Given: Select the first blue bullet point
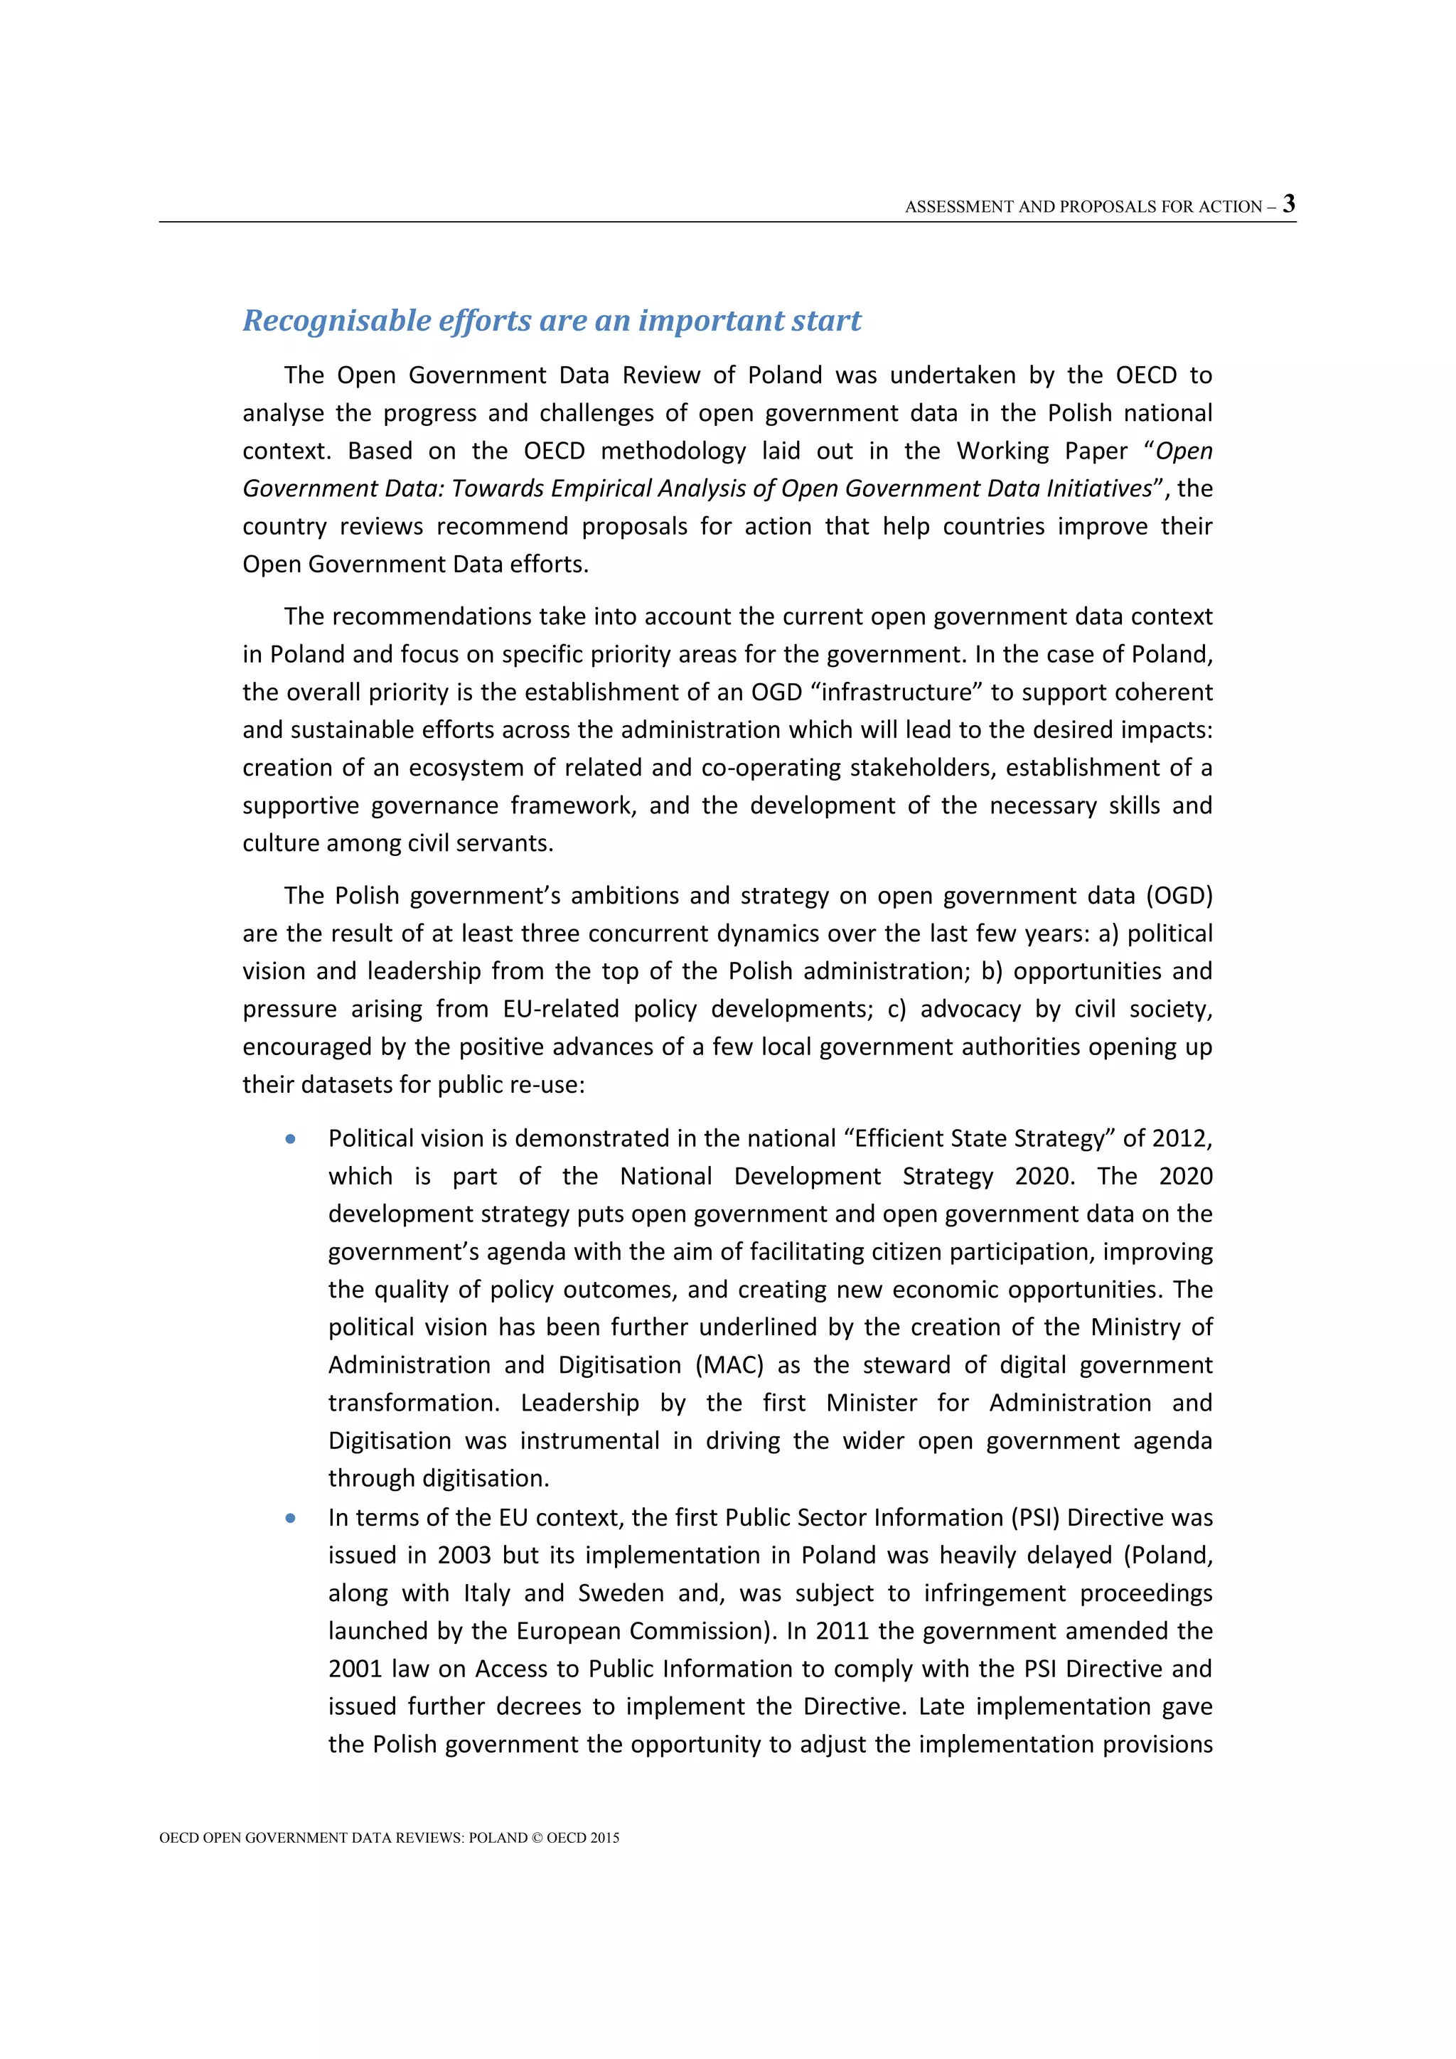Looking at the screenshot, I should click(x=291, y=1139).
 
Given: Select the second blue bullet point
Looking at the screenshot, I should click(x=291, y=1518).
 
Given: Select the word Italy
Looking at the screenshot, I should click(x=487, y=1593).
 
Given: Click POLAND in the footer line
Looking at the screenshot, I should click(x=498, y=1837).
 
